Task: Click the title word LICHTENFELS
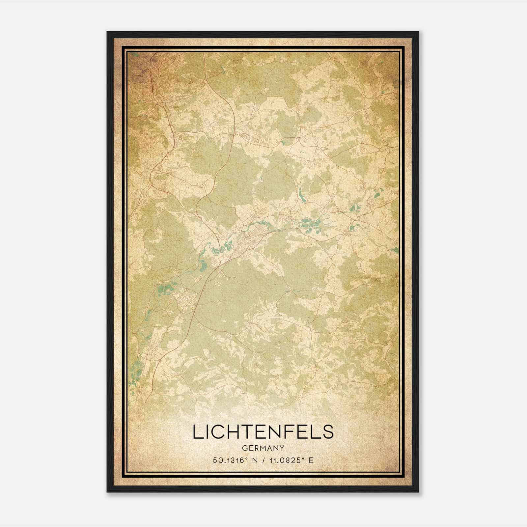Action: [x=263, y=432]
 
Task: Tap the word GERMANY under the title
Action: [x=263, y=448]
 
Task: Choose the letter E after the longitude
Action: [x=311, y=460]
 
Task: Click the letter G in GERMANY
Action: [x=244, y=448]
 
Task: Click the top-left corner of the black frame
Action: [x=107, y=32]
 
